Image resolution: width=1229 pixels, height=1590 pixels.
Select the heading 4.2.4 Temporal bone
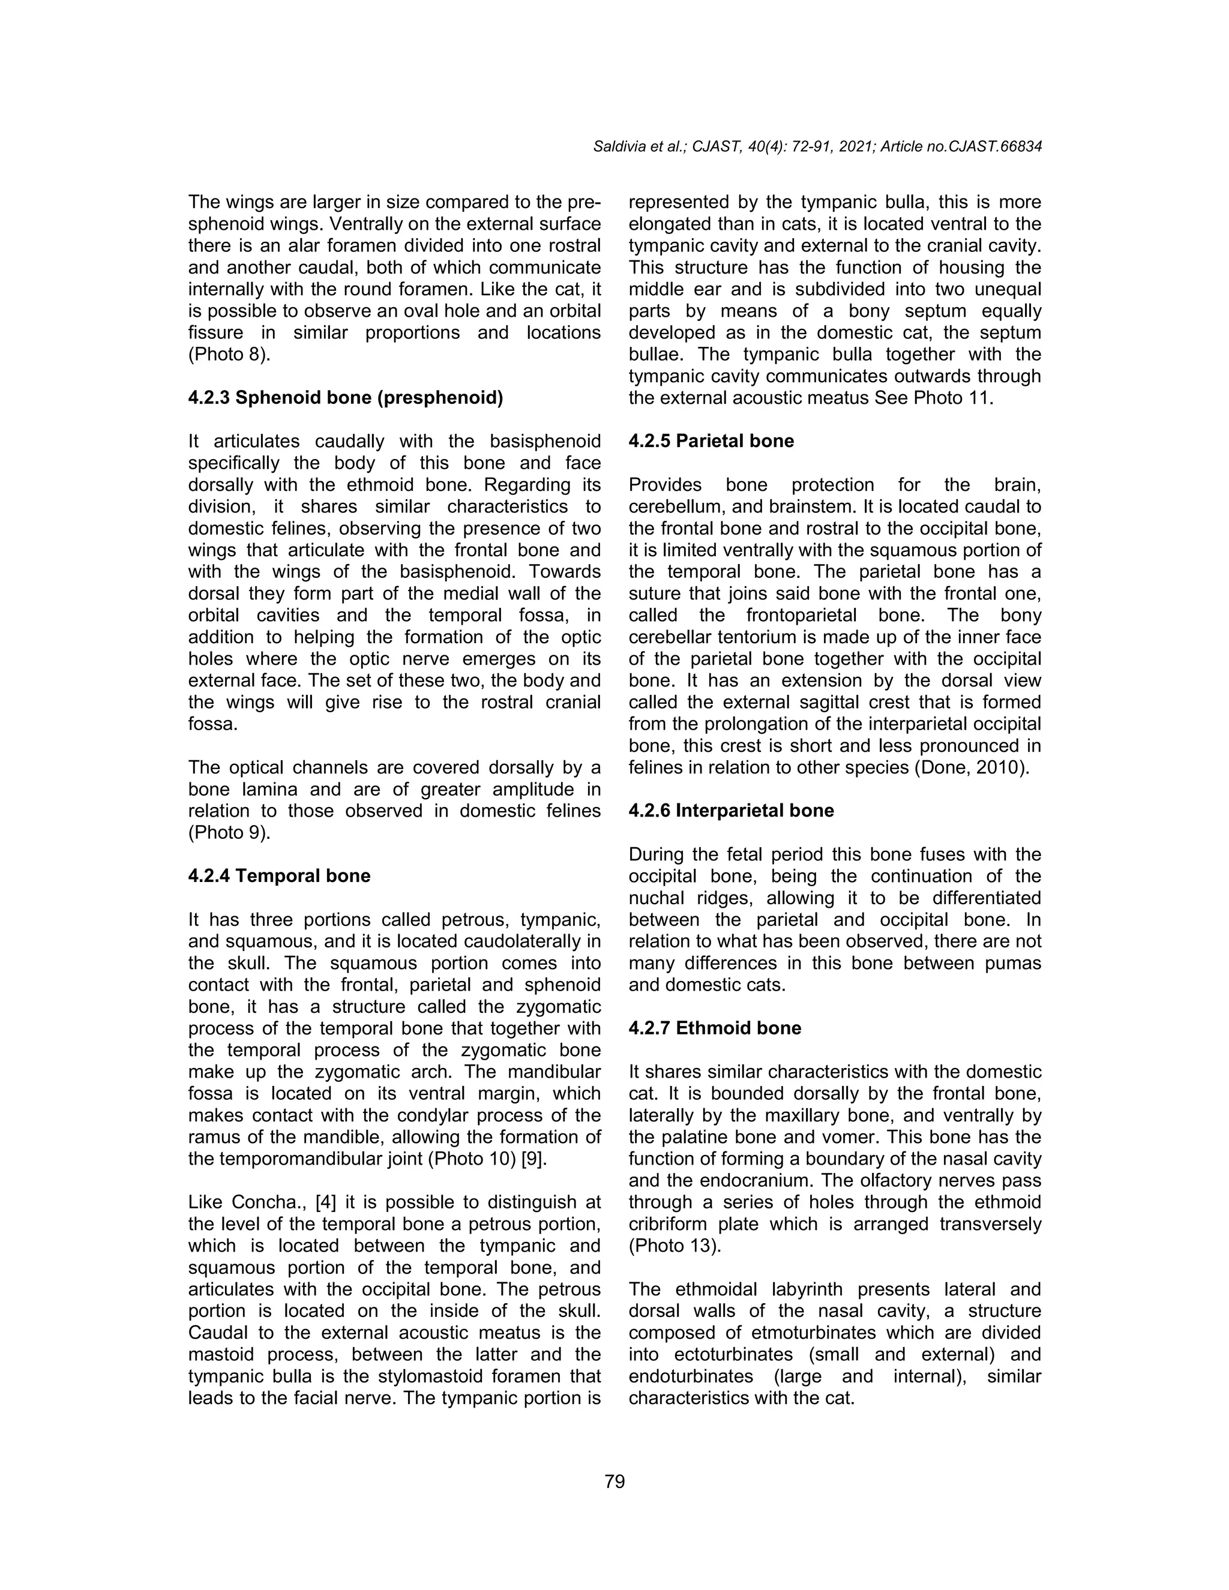pyautogui.click(x=279, y=876)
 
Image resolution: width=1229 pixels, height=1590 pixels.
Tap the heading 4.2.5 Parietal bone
pyautogui.click(x=711, y=441)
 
